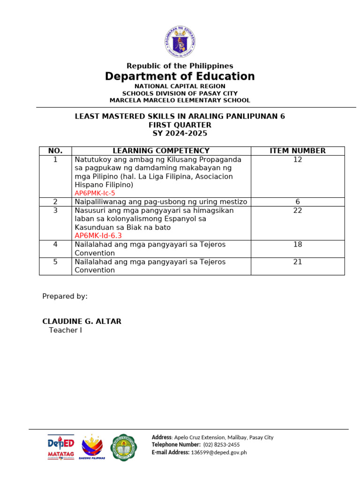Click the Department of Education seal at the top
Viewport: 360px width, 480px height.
point(180,42)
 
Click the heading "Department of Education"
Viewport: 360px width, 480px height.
point(180,76)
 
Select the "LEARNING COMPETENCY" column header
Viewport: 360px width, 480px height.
point(161,150)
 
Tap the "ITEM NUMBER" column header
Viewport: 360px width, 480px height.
point(298,150)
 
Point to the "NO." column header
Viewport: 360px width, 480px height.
point(55,150)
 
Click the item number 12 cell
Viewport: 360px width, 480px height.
point(298,159)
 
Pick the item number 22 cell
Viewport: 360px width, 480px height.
point(298,210)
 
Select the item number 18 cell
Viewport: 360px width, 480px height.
point(298,244)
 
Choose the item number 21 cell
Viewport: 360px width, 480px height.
point(298,262)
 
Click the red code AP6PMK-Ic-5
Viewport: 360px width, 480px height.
point(95,193)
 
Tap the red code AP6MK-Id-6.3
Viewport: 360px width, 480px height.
point(98,236)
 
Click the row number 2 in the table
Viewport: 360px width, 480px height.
point(55,202)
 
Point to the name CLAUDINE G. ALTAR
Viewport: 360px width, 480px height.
point(82,321)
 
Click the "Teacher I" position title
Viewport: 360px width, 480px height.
point(65,330)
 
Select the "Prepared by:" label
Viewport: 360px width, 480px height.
point(65,296)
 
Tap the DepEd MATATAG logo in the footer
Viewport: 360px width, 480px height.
point(61,447)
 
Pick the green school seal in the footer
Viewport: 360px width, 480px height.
point(124,447)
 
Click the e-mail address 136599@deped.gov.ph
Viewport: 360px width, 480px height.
point(219,452)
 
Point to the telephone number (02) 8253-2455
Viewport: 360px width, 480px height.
point(221,444)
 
